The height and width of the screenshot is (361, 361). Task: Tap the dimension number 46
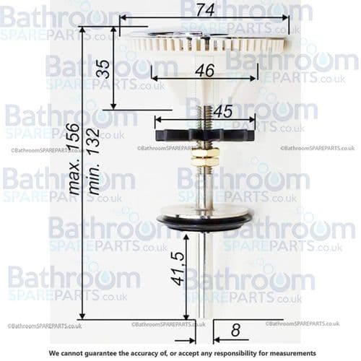(204, 71)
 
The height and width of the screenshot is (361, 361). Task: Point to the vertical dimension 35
(103, 70)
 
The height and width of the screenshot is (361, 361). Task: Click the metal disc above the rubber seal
(204, 210)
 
